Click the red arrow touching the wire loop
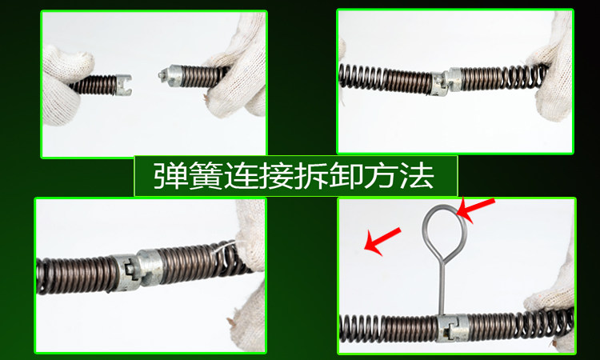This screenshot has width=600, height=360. (476, 210)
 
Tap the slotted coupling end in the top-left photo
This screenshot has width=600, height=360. (123, 85)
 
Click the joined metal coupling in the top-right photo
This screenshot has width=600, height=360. (447, 82)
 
